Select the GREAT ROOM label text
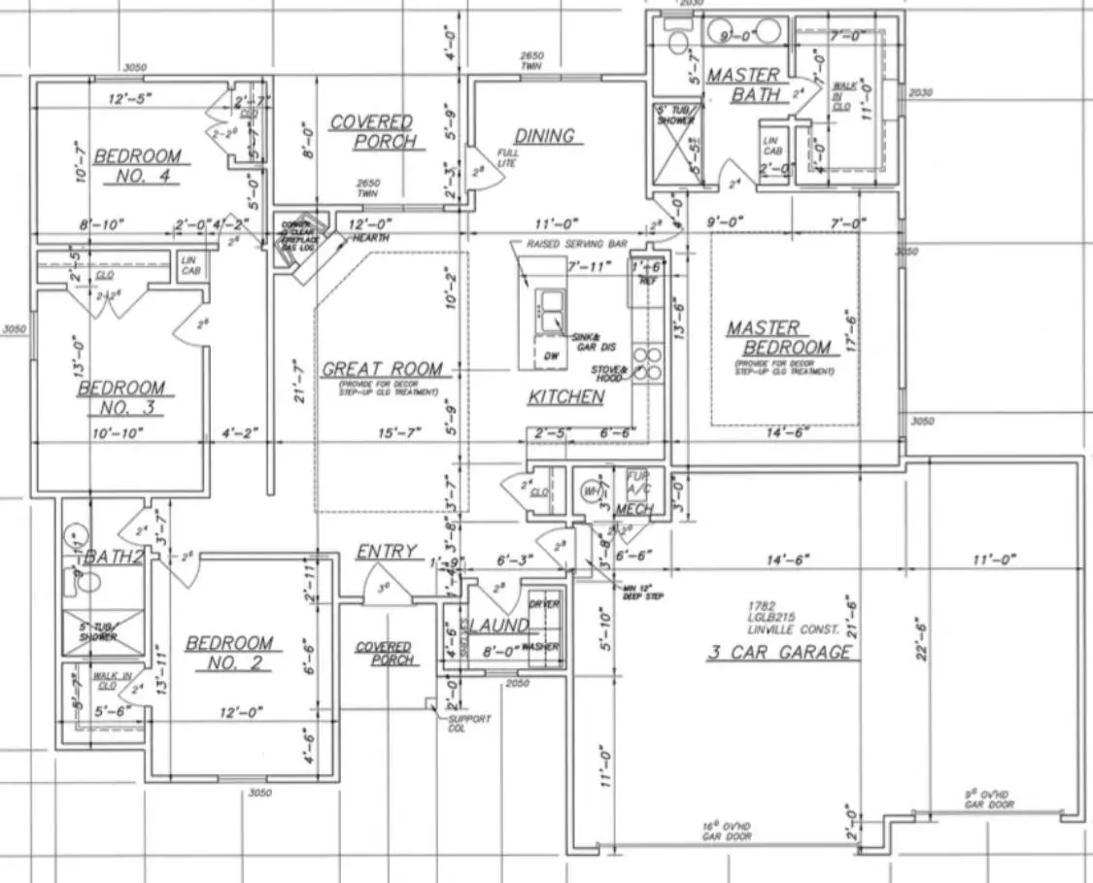tap(382, 369)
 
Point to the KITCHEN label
tap(565, 397)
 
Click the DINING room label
tap(544, 136)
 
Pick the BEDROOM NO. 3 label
tap(120, 397)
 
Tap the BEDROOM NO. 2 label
tap(229, 652)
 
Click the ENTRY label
tap(386, 552)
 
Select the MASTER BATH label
tap(744, 85)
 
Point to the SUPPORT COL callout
tap(468, 724)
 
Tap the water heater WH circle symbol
tap(590, 492)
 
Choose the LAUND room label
tap(496, 626)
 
